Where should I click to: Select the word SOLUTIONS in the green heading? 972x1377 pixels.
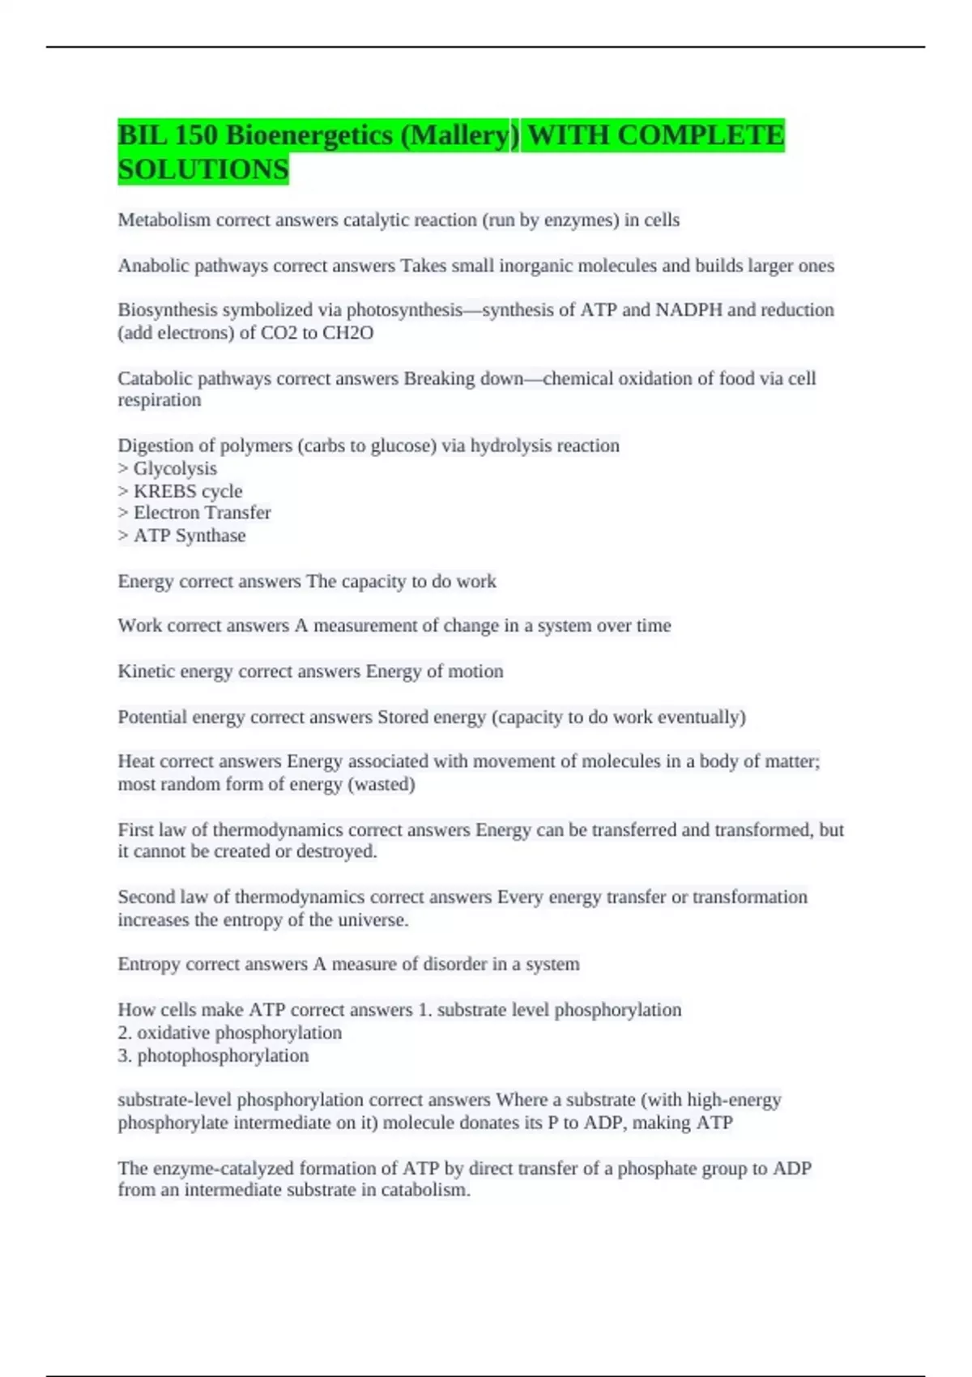(203, 170)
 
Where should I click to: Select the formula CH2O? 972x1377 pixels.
(348, 333)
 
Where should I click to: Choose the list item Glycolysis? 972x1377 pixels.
(175, 469)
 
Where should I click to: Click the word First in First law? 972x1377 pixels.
(135, 830)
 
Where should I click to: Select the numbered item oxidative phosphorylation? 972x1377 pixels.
(239, 1033)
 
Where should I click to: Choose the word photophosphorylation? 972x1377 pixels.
(223, 1055)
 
